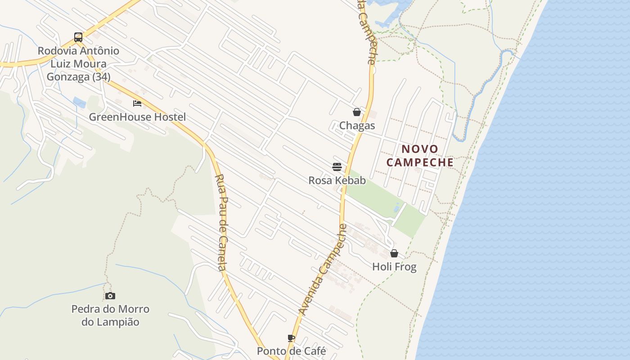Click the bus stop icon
[x=78, y=37]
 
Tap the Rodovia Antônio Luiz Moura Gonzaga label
[x=78, y=64]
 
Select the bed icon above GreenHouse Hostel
[x=137, y=103]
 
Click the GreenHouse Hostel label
[x=137, y=117]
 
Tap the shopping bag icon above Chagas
[x=357, y=112]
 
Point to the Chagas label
[x=357, y=126]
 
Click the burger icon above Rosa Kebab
[x=337, y=167]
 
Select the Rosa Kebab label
[x=337, y=180]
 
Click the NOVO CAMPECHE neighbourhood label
[x=420, y=155]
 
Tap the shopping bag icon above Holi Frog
[x=394, y=253]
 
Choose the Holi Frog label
[x=394, y=267]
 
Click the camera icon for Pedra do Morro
[x=110, y=296]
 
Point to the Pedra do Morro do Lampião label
[x=110, y=315]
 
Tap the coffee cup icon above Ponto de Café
[x=291, y=338]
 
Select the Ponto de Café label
[x=291, y=351]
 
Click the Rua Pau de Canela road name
[x=221, y=223]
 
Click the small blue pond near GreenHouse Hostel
[x=80, y=103]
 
